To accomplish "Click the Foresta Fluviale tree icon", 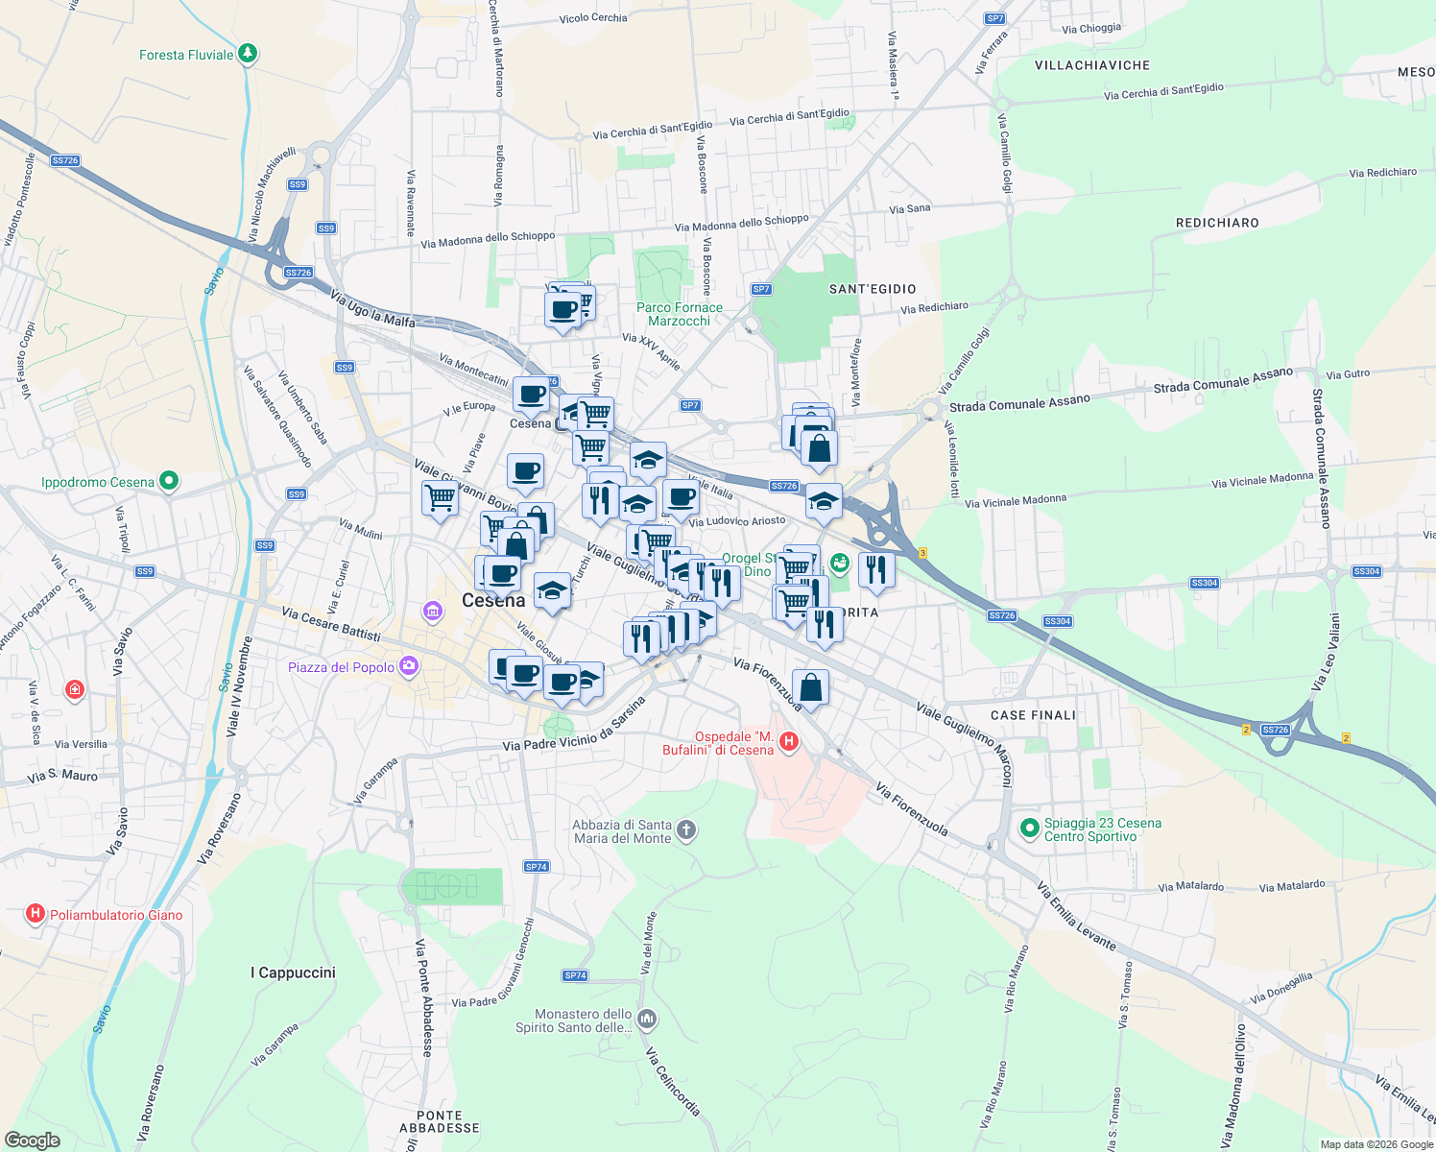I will click(x=248, y=53).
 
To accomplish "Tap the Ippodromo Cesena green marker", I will click(x=169, y=480).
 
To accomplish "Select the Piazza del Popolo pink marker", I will click(x=409, y=665).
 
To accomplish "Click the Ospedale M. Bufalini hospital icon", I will click(x=789, y=741).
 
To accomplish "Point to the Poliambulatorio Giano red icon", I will click(x=36, y=914).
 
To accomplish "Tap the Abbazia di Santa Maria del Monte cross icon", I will click(x=685, y=830).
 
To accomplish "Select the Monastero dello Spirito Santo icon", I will click(x=647, y=1019).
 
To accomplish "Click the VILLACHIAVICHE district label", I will click(x=1092, y=65).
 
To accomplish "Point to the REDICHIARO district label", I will click(x=1217, y=223).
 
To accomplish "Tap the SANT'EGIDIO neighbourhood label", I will click(x=873, y=289).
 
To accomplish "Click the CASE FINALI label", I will click(x=1033, y=715).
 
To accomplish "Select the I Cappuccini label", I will click(x=293, y=972).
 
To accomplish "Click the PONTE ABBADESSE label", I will click(x=440, y=1121).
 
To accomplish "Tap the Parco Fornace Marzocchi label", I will click(x=680, y=314).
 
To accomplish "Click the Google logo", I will click(x=33, y=1140).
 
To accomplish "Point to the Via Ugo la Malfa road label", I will click(x=372, y=309).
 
